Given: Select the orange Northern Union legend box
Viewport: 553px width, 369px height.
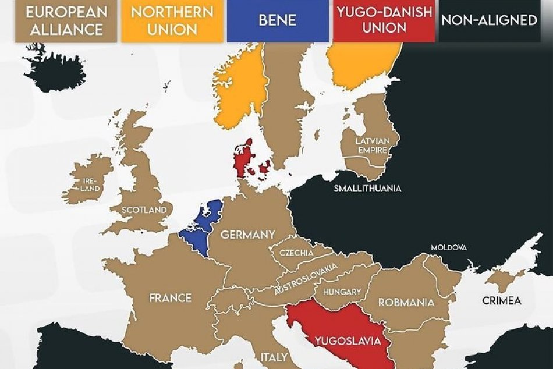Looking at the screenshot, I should click(172, 21).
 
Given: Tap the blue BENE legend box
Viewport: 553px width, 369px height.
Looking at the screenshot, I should click(278, 21).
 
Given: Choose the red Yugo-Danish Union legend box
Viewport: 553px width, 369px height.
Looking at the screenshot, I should click(384, 21).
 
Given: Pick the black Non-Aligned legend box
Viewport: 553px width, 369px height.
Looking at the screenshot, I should click(489, 20).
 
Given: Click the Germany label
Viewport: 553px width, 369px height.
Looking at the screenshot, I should click(247, 235).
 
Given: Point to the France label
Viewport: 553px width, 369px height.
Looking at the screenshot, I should click(170, 298).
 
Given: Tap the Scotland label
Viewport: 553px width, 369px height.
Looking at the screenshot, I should click(146, 210).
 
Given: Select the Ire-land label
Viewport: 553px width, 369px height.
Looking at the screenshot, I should click(91, 185).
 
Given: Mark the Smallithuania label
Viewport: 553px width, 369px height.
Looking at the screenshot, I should click(367, 189).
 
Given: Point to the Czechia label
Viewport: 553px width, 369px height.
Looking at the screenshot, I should click(296, 253).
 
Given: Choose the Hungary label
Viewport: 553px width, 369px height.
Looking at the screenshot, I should click(342, 292).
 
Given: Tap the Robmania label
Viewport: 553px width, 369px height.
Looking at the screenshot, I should click(406, 303).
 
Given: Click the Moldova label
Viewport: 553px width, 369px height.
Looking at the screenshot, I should click(449, 247).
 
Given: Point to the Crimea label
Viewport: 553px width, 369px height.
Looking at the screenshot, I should click(501, 301).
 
